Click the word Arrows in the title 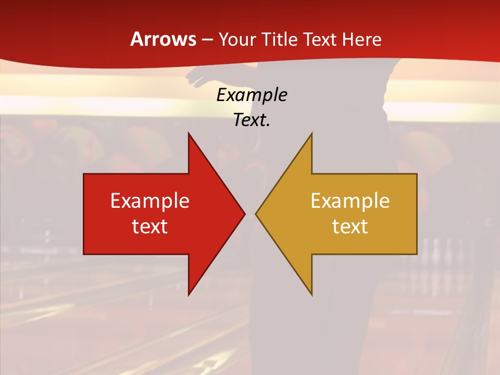point(164,39)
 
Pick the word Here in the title point(361,40)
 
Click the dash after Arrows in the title point(207,40)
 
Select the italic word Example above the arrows point(252,95)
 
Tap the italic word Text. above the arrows point(252,120)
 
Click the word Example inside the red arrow point(150,201)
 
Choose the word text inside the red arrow point(150,226)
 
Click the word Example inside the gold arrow point(350,201)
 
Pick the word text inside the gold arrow point(350,226)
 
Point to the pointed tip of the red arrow point(244,214)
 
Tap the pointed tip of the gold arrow point(256,214)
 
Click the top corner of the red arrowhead point(189,133)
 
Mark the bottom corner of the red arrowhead point(189,294)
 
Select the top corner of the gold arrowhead point(311,133)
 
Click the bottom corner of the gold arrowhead point(311,294)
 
